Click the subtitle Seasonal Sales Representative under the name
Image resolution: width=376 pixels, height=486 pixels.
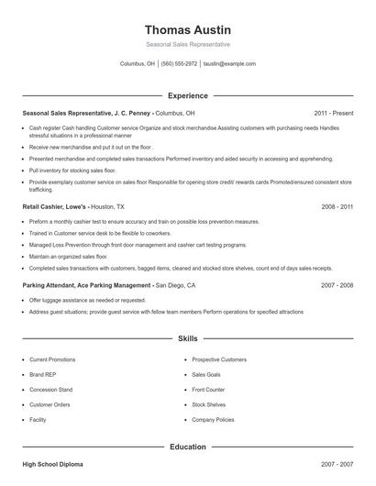point(187,44)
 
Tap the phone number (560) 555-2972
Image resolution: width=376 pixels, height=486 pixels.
point(179,64)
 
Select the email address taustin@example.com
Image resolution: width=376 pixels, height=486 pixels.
point(229,64)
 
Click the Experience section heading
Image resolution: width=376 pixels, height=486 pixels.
point(187,94)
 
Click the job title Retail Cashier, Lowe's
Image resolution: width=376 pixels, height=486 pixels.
point(56,208)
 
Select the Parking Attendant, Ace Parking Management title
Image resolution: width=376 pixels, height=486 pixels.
point(87,285)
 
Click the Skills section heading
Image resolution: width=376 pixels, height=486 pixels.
point(187,338)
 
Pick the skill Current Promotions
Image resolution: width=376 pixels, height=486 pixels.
point(52,359)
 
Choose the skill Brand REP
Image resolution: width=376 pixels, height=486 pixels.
point(42,374)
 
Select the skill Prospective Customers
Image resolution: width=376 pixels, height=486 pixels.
point(219,359)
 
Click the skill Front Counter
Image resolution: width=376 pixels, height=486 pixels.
point(208,389)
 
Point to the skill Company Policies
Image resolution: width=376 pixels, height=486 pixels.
point(214,419)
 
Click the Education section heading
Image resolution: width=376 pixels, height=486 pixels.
point(187,447)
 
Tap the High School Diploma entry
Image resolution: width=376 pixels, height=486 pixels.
point(53,465)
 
